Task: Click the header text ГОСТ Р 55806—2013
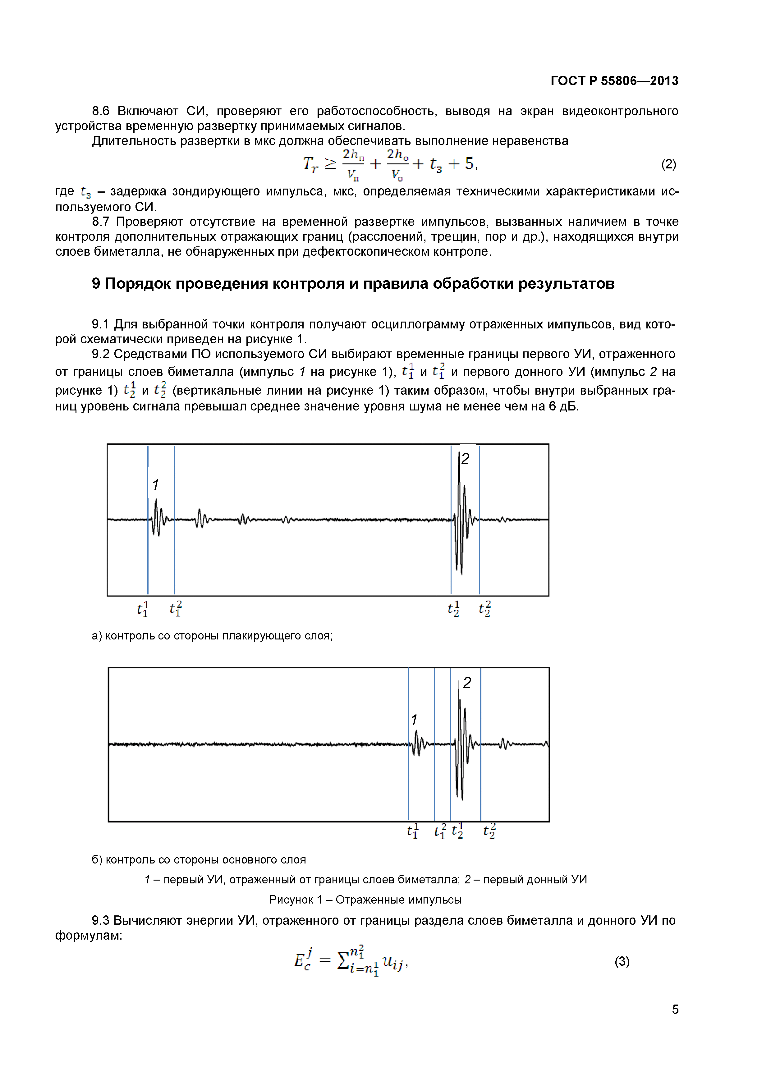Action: [614, 81]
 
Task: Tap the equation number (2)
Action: [668, 164]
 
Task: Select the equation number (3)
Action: [622, 961]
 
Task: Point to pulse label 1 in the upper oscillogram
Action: [155, 485]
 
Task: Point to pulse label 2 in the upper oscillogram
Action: [465, 459]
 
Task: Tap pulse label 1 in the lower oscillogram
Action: [414, 720]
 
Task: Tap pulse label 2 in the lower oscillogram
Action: [467, 683]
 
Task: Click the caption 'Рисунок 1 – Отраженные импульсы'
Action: [365, 900]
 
